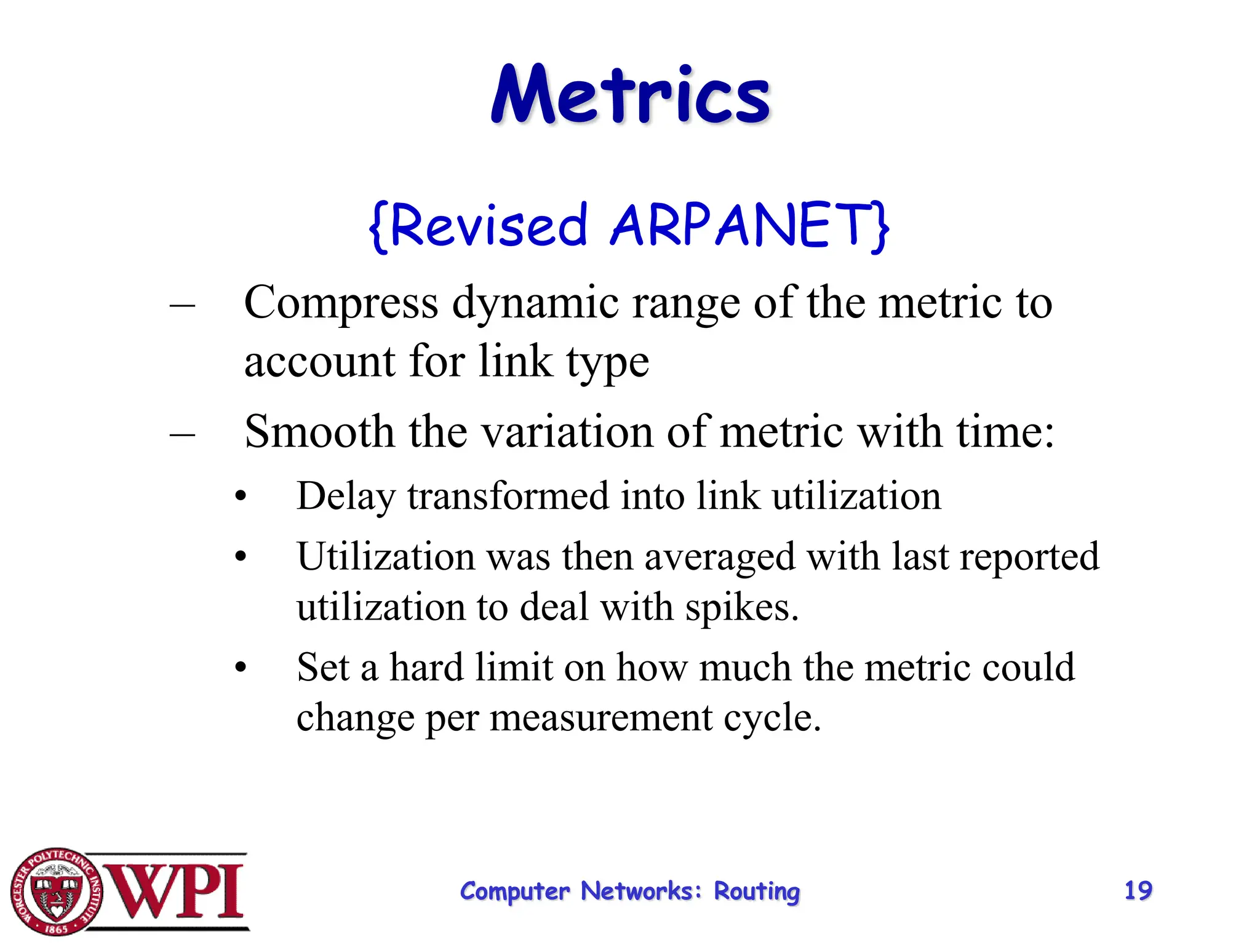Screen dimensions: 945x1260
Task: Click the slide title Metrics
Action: tap(631, 96)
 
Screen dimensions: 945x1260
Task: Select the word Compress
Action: tap(341, 303)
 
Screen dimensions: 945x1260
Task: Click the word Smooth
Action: tap(319, 431)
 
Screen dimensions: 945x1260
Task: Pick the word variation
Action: tap(567, 431)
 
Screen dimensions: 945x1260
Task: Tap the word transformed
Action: tap(508, 496)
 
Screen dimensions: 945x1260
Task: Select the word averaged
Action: tap(720, 557)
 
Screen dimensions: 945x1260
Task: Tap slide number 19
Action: tap(1138, 890)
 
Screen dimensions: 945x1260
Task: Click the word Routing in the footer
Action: tap(757, 891)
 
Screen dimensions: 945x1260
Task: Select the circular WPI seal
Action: tap(57, 891)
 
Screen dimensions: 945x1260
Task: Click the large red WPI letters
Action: tap(175, 891)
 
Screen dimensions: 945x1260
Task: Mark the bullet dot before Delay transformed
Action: tap(241, 496)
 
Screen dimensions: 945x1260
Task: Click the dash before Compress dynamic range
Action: tap(182, 305)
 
